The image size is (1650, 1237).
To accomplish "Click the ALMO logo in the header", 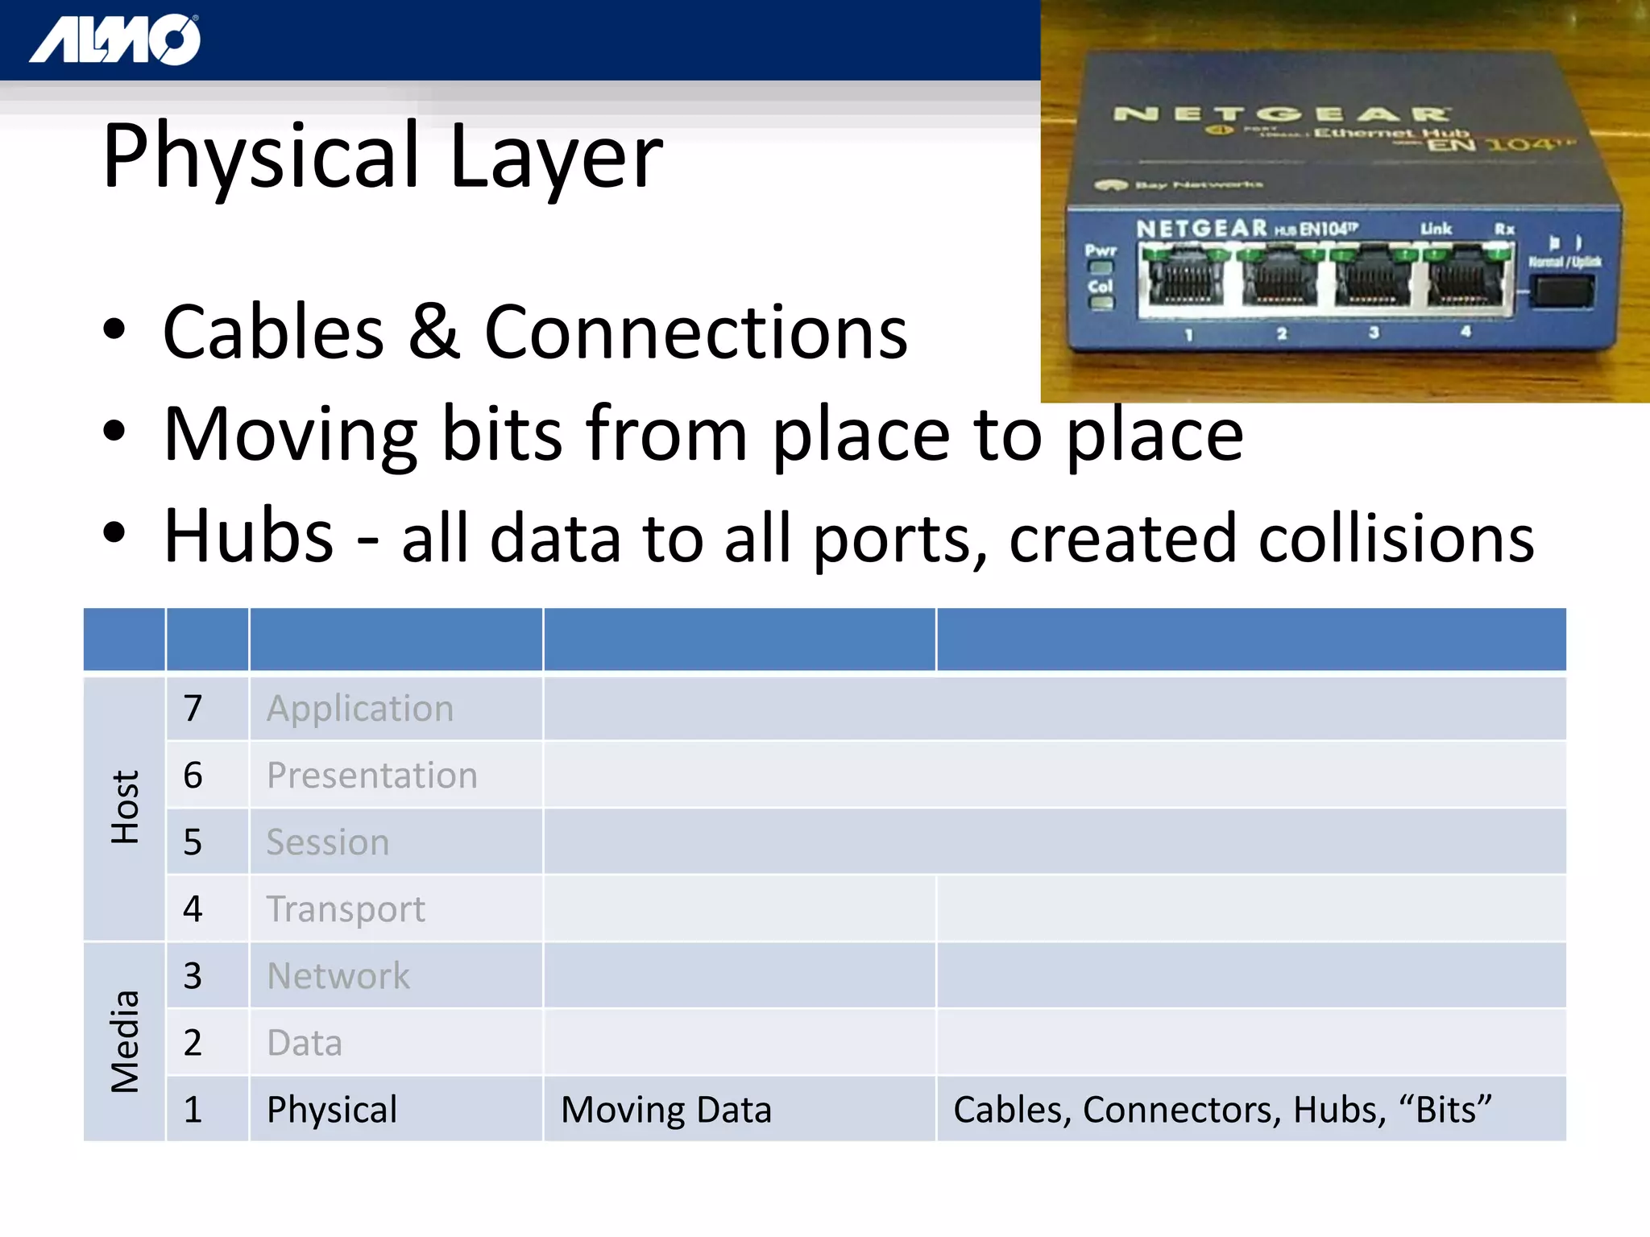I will click(115, 39).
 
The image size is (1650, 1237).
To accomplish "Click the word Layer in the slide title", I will click(556, 156).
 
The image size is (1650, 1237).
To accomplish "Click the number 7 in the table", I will click(193, 709).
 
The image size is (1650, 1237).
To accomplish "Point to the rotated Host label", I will click(125, 807).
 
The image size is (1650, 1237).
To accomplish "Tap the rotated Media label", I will click(125, 1041).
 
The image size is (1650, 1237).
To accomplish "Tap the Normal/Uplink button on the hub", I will click(1562, 291).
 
